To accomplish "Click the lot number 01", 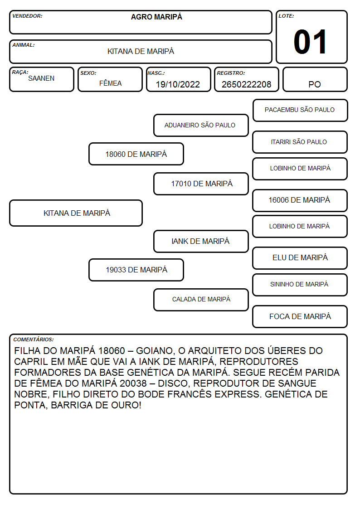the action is [310, 42].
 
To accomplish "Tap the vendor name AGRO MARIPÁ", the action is [156, 17].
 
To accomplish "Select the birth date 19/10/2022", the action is [178, 84].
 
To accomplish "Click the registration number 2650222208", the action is [246, 84].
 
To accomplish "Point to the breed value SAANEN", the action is [41, 78].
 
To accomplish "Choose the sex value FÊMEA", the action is [110, 83].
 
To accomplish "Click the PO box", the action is [315, 79].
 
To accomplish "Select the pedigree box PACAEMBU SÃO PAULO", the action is [300, 111].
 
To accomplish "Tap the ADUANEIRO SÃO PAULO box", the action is [201, 125].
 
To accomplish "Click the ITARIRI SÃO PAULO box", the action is [300, 142].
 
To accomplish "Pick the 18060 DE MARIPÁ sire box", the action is [136, 154].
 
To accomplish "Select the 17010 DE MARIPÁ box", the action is [201, 184].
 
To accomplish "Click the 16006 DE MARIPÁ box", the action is [300, 201].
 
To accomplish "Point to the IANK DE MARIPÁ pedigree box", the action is [201, 242].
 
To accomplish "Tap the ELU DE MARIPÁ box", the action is [300, 258].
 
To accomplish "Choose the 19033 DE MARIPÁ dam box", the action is [136, 270].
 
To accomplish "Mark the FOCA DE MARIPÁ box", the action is [300, 316].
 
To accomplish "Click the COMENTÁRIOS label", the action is [34, 339].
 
